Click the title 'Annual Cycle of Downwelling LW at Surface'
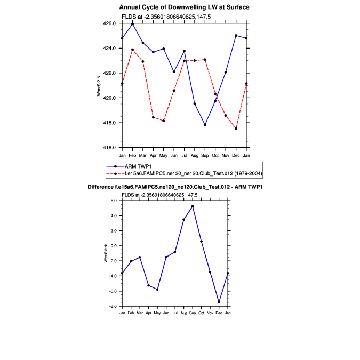185,7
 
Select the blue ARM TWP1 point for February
133,24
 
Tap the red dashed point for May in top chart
164,121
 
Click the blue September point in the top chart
205,125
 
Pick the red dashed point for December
236,129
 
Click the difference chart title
175,187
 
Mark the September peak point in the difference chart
193,206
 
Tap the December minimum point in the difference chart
219,302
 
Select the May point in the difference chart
157,290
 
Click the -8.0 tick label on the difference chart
113,307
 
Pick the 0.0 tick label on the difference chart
114,246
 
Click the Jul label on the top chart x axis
184,155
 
